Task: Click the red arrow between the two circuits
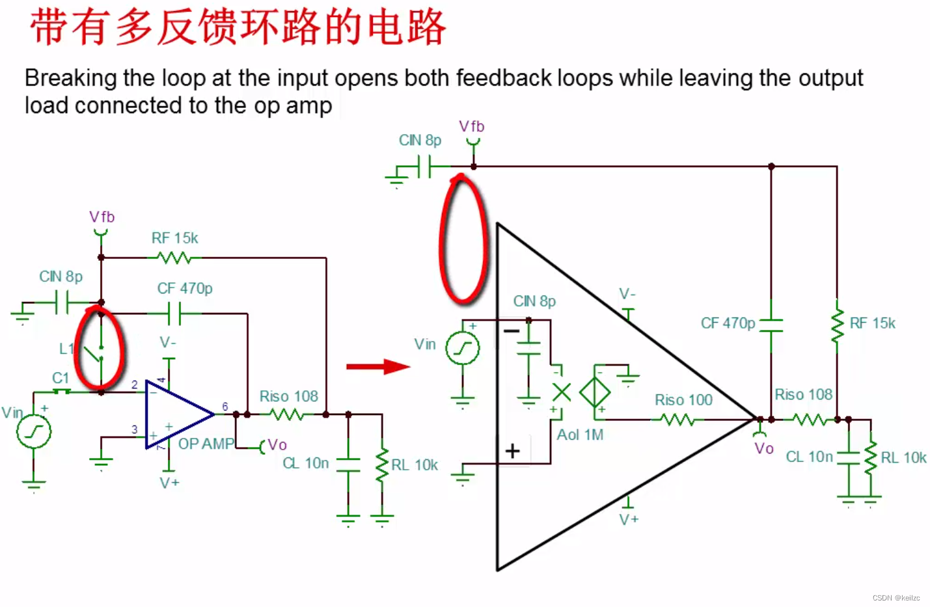pos(377,367)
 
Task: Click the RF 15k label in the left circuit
pos(174,238)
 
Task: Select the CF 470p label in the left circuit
pos(185,288)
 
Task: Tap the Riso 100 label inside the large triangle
pos(683,399)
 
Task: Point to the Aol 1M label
pos(580,435)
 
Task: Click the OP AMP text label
pos(206,444)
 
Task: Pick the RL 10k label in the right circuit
pos(903,457)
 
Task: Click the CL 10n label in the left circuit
pos(305,463)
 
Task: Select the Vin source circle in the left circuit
pos(33,431)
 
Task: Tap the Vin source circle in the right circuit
pos(462,348)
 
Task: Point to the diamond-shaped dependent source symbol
pos(594,392)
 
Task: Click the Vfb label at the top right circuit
pos(472,126)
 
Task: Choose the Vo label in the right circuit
pos(764,448)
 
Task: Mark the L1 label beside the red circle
pos(66,349)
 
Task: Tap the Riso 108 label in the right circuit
pos(803,394)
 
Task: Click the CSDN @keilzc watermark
pos(896,598)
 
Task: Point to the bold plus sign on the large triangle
pos(513,450)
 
